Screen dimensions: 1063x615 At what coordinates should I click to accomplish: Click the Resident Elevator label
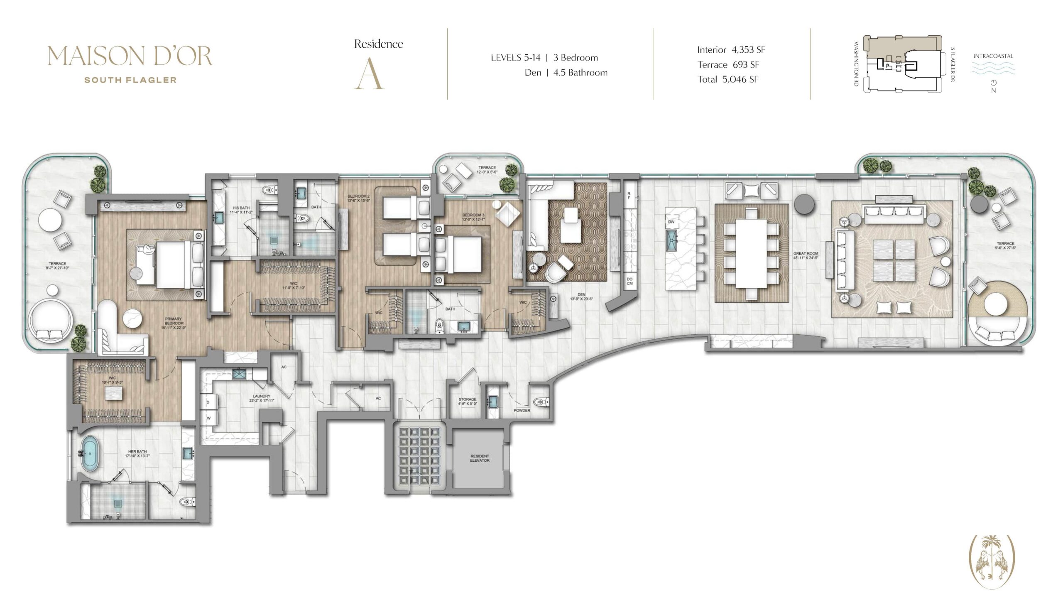point(480,458)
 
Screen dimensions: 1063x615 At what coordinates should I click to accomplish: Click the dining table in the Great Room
point(751,253)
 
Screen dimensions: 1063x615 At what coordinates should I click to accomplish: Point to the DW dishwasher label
point(671,222)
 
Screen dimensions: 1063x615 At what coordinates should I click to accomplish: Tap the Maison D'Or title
point(130,56)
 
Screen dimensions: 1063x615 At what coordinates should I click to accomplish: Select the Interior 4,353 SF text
point(731,50)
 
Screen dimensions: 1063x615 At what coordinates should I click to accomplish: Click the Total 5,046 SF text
point(727,79)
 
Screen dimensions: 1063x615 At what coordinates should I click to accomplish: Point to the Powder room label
point(522,410)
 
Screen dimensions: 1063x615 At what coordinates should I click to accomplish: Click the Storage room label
point(468,401)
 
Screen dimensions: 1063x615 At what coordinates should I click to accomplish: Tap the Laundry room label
point(262,398)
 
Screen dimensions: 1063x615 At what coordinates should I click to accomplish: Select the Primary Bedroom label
point(174,323)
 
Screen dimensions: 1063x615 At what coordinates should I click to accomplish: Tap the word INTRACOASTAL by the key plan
point(993,56)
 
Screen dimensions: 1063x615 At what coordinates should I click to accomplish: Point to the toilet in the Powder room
point(541,402)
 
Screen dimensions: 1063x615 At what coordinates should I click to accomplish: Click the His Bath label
point(241,210)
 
